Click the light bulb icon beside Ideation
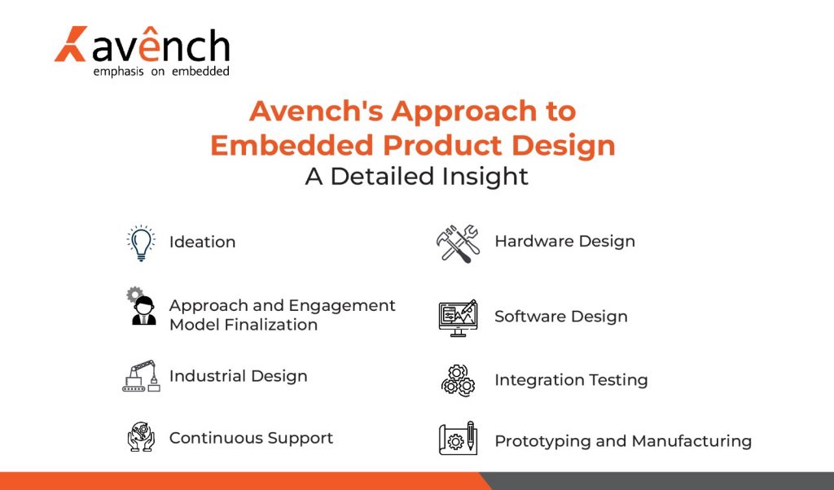[141, 243]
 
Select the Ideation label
[202, 242]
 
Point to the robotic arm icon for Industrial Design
[141, 376]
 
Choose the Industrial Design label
[238, 376]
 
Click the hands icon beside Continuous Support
[141, 437]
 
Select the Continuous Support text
[251, 438]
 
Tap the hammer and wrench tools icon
[458, 243]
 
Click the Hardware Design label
[564, 242]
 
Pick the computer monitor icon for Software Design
[458, 317]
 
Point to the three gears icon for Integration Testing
[458, 380]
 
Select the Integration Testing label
[571, 380]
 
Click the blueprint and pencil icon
[458, 440]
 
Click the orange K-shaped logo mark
[72, 46]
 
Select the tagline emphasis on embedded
[160, 71]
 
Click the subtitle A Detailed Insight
[416, 176]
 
